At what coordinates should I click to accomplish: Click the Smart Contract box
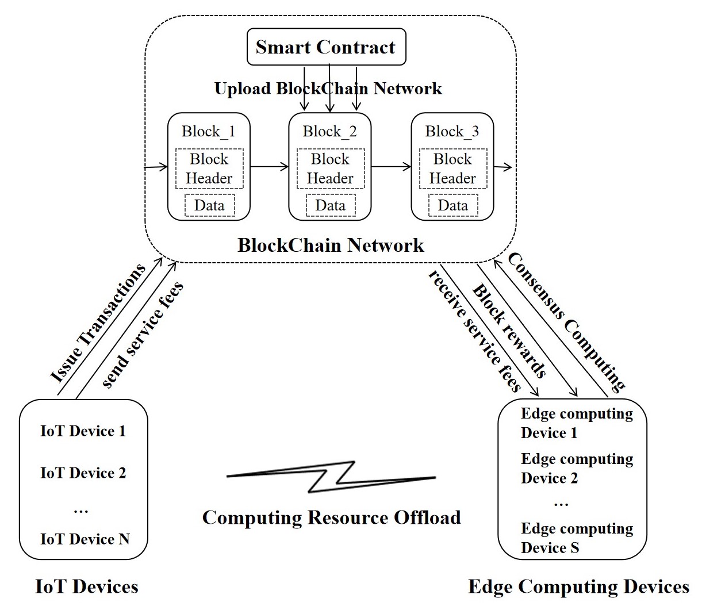coord(326,47)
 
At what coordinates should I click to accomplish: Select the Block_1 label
coord(208,132)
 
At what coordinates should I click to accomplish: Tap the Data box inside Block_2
coord(330,205)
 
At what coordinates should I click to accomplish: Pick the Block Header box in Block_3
coord(452,168)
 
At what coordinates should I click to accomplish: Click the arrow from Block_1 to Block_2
coord(269,167)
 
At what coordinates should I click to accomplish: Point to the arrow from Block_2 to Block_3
coord(391,167)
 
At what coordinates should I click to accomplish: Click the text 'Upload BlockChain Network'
coord(328,89)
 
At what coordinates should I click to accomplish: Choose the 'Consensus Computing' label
coord(566,321)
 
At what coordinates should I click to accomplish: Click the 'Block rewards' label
coord(509,331)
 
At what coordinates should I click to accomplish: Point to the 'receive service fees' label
coord(475,332)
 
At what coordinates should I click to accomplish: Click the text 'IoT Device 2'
coord(83,473)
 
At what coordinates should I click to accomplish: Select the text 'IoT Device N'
coord(85,539)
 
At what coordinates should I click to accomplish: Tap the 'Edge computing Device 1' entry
coord(576,423)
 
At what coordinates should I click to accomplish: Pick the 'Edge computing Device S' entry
coord(576,538)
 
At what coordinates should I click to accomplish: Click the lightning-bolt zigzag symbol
coord(331,475)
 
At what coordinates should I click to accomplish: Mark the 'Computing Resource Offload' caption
coord(331,517)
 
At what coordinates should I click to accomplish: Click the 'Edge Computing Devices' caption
coord(578,587)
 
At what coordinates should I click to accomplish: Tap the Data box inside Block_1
coord(209,205)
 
